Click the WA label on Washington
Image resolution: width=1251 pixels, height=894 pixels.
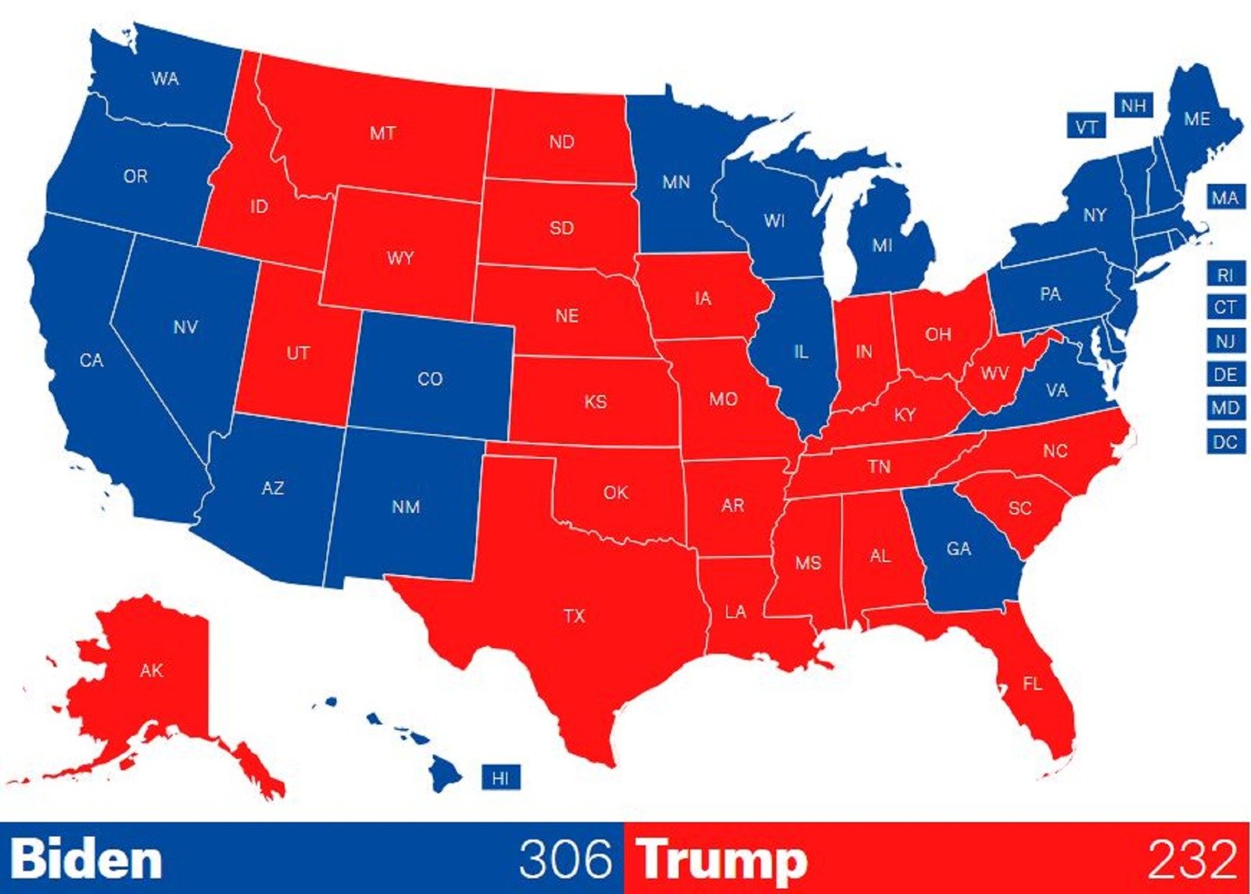pyautogui.click(x=165, y=78)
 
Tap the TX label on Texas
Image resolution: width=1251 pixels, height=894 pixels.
pyautogui.click(x=574, y=616)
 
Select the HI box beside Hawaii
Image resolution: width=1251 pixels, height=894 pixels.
pyautogui.click(x=500, y=778)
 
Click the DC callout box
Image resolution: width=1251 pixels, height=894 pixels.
pyautogui.click(x=1225, y=442)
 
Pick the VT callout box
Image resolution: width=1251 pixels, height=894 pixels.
pyautogui.click(x=1086, y=127)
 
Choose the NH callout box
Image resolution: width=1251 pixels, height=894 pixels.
pyautogui.click(x=1134, y=106)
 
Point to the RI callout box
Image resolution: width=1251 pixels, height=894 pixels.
pyautogui.click(x=1225, y=275)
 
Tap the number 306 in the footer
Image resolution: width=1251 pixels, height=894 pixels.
pyautogui.click(x=565, y=859)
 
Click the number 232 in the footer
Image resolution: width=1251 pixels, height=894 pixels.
pyautogui.click(x=1192, y=859)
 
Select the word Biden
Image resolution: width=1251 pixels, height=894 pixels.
pyautogui.click(x=86, y=859)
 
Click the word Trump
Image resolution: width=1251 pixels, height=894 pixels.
pyautogui.click(x=722, y=860)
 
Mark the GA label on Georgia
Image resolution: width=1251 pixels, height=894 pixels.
pyautogui.click(x=959, y=548)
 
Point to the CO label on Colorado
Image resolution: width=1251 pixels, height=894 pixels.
pyautogui.click(x=430, y=379)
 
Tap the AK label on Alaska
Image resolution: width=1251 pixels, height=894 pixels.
pyautogui.click(x=152, y=670)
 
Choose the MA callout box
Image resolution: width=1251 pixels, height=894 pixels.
pyautogui.click(x=1225, y=198)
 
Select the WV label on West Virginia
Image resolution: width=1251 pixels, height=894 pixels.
pyautogui.click(x=995, y=373)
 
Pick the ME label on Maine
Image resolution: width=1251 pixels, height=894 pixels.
pyautogui.click(x=1197, y=119)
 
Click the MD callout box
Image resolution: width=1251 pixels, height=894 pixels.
pyautogui.click(x=1225, y=408)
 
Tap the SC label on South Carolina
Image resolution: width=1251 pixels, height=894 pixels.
pyautogui.click(x=1020, y=508)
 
